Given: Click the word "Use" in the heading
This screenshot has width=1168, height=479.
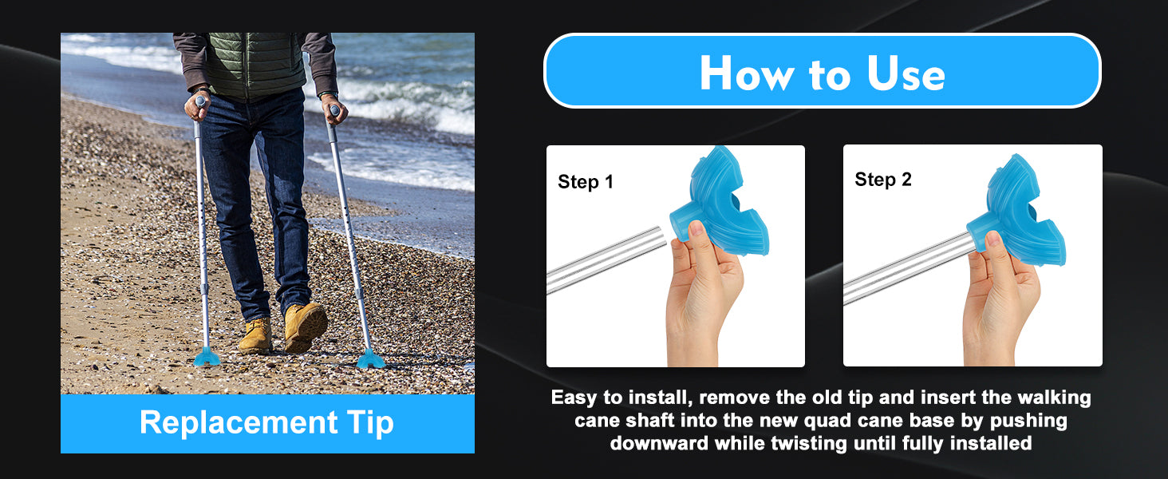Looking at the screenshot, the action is pyautogui.click(x=906, y=73).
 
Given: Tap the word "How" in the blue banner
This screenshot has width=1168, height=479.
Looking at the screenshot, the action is pyautogui.click(x=747, y=73).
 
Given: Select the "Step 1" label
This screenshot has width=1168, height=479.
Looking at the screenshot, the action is pyautogui.click(x=585, y=181).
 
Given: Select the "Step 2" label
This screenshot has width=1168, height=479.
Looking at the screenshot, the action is pyautogui.click(x=882, y=180).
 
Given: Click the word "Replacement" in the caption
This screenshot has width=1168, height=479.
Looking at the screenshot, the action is pyautogui.click(x=239, y=422).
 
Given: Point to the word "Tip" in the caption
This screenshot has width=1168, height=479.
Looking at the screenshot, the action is pyautogui.click(x=369, y=422).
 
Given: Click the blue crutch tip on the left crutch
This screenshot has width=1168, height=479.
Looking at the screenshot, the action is pyautogui.click(x=207, y=357).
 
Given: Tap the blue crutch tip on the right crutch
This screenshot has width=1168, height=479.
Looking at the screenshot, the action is pyautogui.click(x=371, y=359).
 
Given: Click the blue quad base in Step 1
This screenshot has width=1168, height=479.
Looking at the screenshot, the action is pyautogui.click(x=720, y=204).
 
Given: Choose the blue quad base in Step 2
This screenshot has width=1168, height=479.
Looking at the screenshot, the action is pyautogui.click(x=1016, y=212).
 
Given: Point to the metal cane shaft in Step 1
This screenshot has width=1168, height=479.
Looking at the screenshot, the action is pyautogui.click(x=606, y=259).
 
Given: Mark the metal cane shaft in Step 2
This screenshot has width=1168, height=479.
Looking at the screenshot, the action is pyautogui.click(x=910, y=268).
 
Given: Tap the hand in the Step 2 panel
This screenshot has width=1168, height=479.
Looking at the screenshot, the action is pyautogui.click(x=1001, y=300).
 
